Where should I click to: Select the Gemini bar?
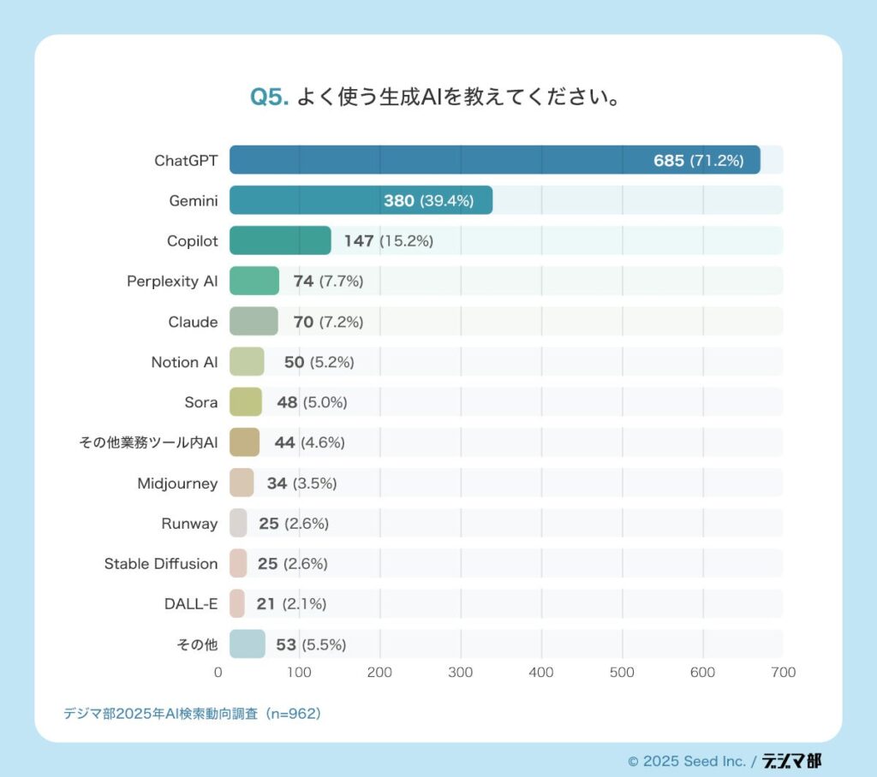coord(361,200)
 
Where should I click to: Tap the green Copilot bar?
coord(280,240)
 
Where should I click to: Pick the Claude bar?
coord(254,322)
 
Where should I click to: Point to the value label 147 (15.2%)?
coord(388,241)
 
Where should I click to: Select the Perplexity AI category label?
coord(172,282)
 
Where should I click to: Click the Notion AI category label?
coord(184,362)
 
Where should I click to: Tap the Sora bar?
coord(246,402)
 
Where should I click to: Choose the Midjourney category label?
coord(177,483)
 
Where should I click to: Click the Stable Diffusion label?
coord(161,564)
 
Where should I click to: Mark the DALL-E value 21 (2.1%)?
coord(291,604)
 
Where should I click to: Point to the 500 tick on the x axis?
coord(622,673)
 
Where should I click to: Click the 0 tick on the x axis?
coord(218,673)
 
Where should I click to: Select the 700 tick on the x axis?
coord(783,673)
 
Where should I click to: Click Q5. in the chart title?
coord(269,97)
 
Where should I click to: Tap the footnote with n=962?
coord(192,713)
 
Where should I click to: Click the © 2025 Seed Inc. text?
coord(686,761)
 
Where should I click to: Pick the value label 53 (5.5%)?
coord(311,644)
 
